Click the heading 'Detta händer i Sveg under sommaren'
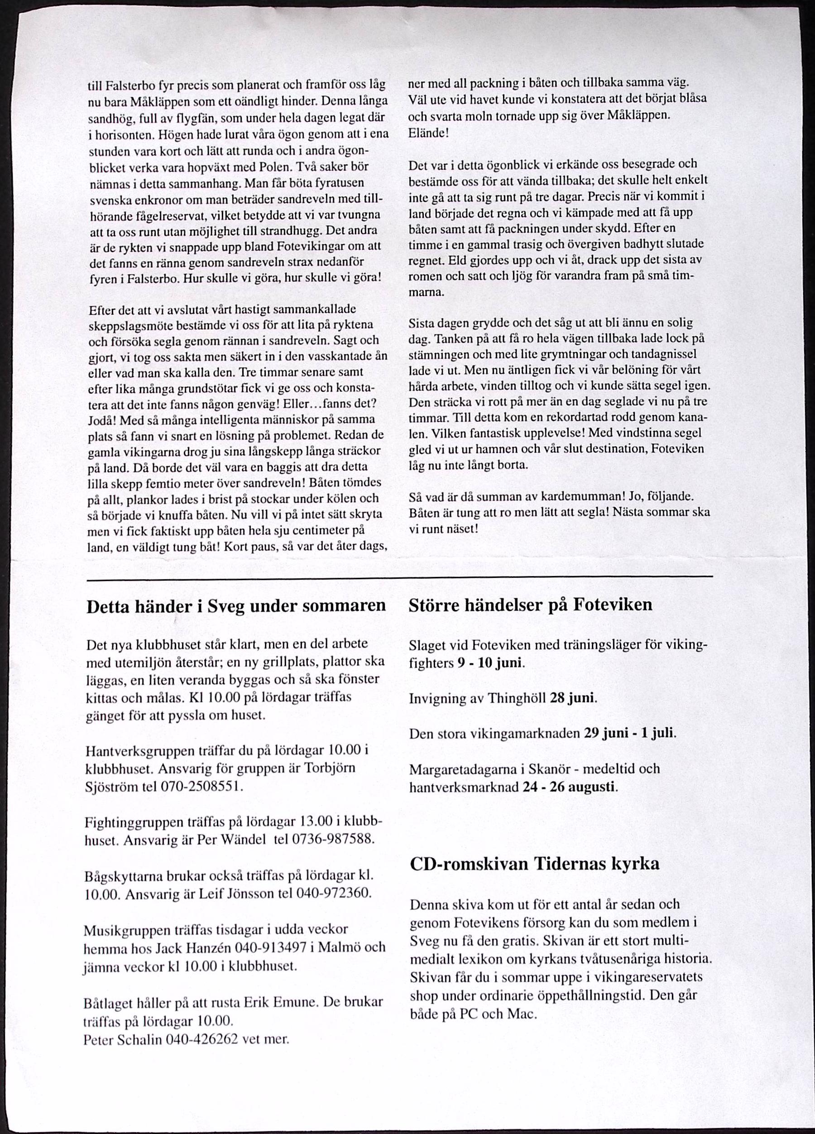coord(236,606)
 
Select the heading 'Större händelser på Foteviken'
coord(530,605)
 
